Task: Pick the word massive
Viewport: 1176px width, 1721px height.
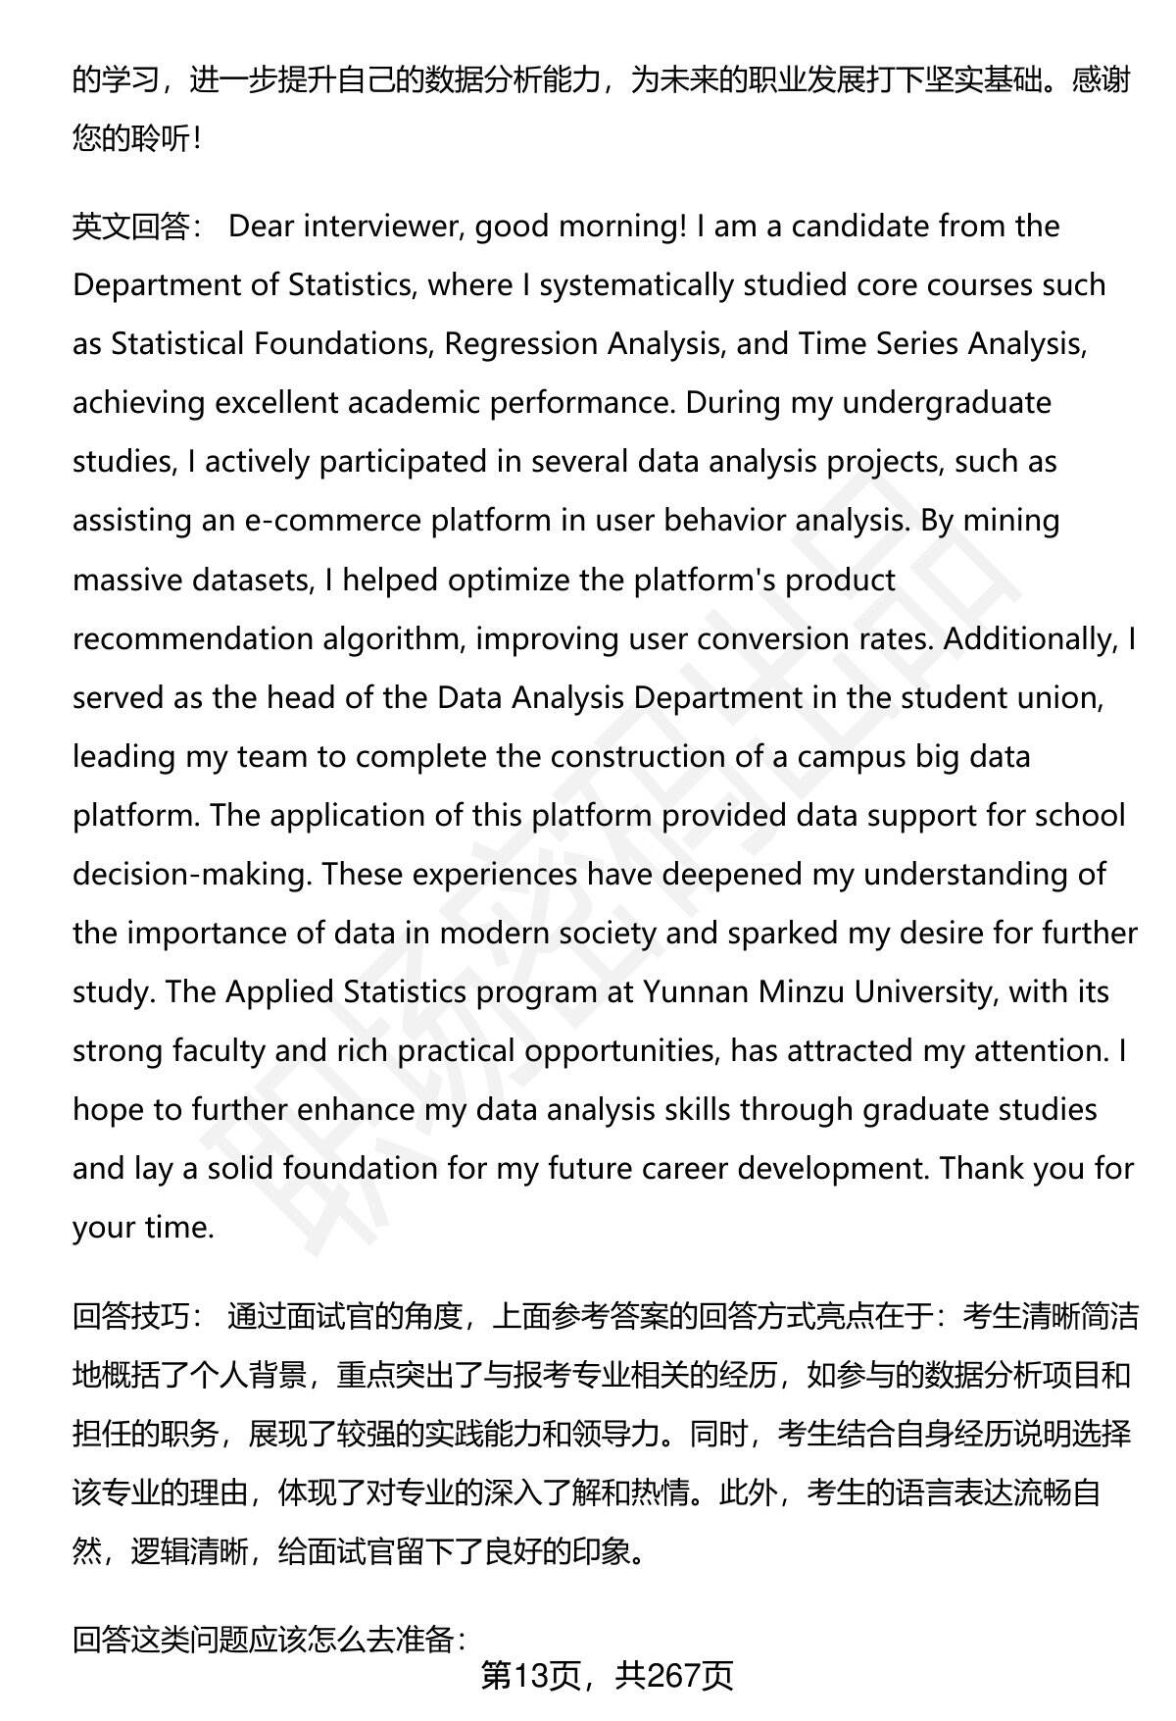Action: [127, 580]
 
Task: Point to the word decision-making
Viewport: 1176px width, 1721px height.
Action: [191, 875]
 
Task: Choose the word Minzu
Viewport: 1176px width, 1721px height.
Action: [801, 992]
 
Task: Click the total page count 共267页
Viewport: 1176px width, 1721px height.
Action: [674, 1677]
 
